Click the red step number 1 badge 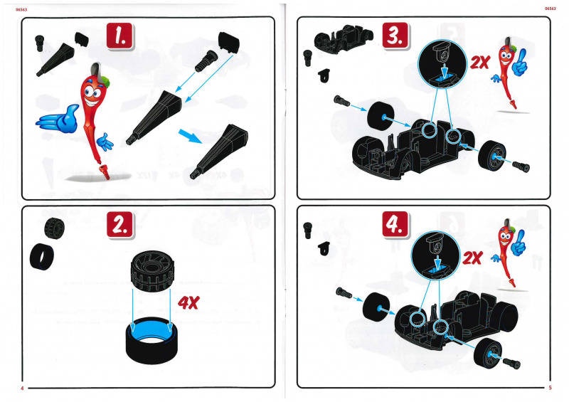[x=119, y=36]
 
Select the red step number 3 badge [x=395, y=36]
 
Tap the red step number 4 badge [x=395, y=224]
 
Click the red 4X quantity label [x=188, y=302]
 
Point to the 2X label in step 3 [x=480, y=63]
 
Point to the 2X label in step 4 [x=472, y=258]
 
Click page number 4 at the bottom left [x=22, y=388]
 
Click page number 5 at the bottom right [x=550, y=388]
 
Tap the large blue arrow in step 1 [x=190, y=136]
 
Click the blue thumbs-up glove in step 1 [x=58, y=119]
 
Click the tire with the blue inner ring [x=151, y=339]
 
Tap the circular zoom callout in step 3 [x=442, y=63]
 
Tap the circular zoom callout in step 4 [x=435, y=257]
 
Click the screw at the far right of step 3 [x=521, y=166]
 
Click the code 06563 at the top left [x=21, y=9]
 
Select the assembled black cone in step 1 [x=220, y=152]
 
